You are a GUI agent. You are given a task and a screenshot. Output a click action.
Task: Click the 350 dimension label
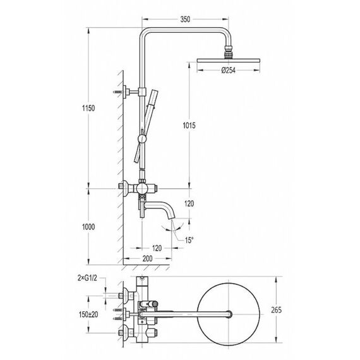(x=185, y=20)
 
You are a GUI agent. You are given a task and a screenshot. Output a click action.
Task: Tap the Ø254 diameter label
(x=229, y=70)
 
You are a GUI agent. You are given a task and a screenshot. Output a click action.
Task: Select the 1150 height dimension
(x=88, y=108)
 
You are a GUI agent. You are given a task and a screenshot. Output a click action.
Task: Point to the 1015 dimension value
(x=189, y=125)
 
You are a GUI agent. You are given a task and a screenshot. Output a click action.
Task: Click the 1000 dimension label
(x=88, y=227)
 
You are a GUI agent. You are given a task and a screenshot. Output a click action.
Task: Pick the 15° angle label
(x=189, y=241)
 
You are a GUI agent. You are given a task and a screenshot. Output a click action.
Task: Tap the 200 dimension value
(x=147, y=258)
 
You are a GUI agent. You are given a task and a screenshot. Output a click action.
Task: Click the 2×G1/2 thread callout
(x=87, y=279)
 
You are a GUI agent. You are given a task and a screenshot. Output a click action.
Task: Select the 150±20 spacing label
(x=88, y=315)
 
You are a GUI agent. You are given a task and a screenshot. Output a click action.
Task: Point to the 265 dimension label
(x=276, y=310)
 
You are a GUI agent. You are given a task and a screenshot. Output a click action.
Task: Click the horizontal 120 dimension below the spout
(x=157, y=248)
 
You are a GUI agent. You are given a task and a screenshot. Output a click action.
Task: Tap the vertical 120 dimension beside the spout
(x=189, y=203)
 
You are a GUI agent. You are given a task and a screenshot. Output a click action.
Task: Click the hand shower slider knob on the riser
(x=142, y=139)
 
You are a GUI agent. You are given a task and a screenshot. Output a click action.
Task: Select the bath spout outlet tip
(x=172, y=218)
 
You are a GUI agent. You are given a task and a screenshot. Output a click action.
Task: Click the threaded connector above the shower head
(x=228, y=53)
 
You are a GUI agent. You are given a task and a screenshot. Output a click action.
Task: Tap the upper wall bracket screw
(x=117, y=92)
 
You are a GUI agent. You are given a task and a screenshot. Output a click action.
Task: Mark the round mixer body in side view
(x=142, y=188)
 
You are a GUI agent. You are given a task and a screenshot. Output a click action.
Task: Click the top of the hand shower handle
(x=155, y=92)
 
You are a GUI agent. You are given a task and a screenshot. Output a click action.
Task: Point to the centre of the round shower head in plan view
(x=229, y=314)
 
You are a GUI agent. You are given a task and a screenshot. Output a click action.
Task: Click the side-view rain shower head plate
(x=229, y=61)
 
